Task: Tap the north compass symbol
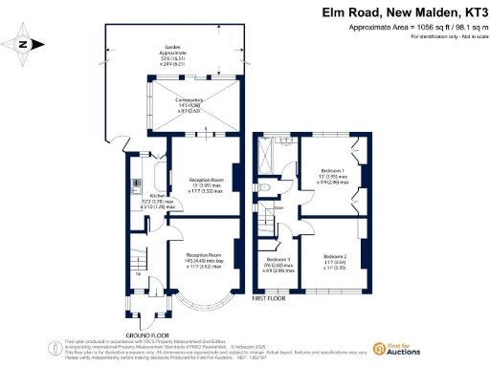coord(26,43)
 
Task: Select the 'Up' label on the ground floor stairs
coord(141,276)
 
